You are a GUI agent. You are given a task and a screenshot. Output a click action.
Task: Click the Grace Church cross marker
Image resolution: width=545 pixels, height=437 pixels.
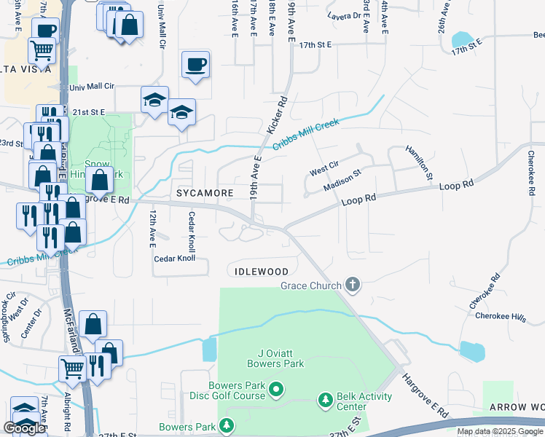point(353,284)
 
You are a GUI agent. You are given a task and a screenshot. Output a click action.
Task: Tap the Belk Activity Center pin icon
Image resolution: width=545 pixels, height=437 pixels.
point(326,400)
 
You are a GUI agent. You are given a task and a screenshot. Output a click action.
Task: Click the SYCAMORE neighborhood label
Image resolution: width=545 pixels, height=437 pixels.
point(205,193)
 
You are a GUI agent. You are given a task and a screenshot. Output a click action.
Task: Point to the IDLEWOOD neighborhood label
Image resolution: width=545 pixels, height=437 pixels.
point(262,271)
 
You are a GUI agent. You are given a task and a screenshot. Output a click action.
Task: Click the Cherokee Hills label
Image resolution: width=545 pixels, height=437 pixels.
point(500,316)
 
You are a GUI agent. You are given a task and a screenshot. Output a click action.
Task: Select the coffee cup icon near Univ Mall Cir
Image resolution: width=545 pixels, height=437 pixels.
point(195,64)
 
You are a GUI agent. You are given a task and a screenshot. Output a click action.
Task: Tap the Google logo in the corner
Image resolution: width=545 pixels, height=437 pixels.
point(24,428)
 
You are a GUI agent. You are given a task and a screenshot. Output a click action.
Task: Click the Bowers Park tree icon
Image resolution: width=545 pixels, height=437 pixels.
point(227,425)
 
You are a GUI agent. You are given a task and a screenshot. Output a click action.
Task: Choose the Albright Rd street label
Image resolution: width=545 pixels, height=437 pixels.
point(67,412)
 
